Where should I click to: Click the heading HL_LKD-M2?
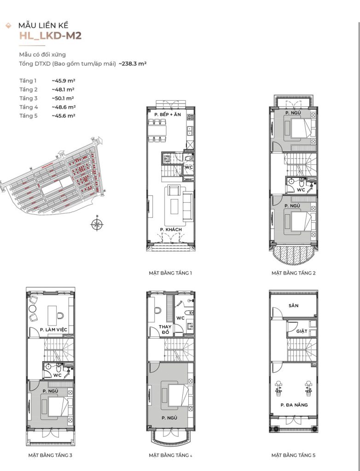pyautogui.click(x=50, y=35)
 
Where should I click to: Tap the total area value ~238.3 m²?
pyautogui.click(x=132, y=63)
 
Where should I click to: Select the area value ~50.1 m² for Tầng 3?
pyautogui.click(x=63, y=98)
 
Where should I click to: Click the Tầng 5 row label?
pyautogui.click(x=29, y=115)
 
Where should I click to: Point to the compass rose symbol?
pyautogui.click(x=97, y=224)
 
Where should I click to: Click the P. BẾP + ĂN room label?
pyautogui.click(x=168, y=115)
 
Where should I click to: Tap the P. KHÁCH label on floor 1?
pyautogui.click(x=171, y=230)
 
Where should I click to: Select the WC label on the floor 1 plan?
pyautogui.click(x=189, y=167)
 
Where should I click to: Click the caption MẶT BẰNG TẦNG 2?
pyautogui.click(x=294, y=273)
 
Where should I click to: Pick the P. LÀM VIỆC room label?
pyautogui.click(x=53, y=329)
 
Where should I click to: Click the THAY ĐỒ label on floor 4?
pyautogui.click(x=165, y=329)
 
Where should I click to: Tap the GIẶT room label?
pyautogui.click(x=302, y=331)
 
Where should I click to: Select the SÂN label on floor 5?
pyautogui.click(x=294, y=305)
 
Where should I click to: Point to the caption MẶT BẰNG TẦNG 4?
pyautogui.click(x=170, y=455)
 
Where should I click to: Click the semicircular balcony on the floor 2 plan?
pyautogui.click(x=294, y=255)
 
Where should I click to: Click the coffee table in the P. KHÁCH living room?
pyautogui.click(x=174, y=207)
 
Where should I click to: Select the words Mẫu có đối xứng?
pyautogui.click(x=42, y=54)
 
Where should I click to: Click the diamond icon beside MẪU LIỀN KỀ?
pyautogui.click(x=8, y=26)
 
